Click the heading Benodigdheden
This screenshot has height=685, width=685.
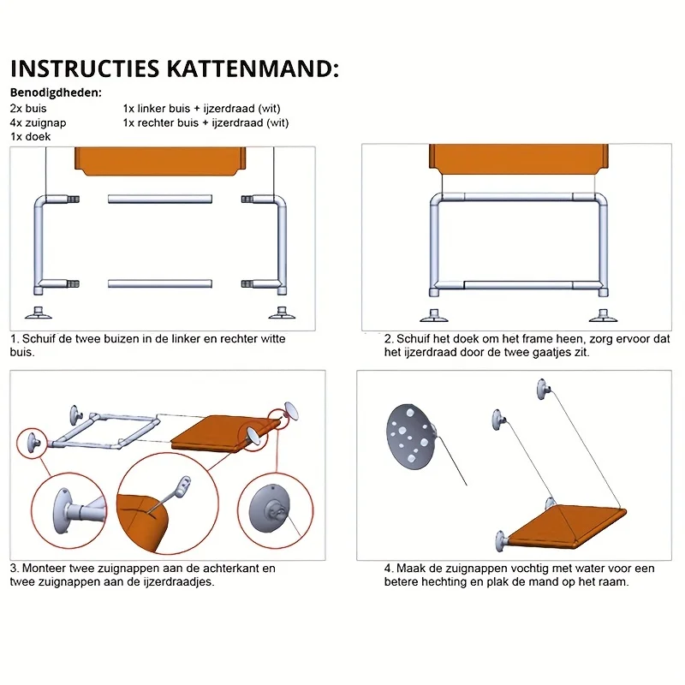click(x=56, y=92)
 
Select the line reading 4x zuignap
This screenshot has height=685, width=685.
click(x=39, y=122)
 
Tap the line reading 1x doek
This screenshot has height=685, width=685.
click(x=31, y=136)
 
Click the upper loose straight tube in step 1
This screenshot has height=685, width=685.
click(x=160, y=199)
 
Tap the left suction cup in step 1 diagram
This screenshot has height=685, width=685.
click(x=39, y=312)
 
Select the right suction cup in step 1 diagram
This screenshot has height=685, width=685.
click(x=278, y=312)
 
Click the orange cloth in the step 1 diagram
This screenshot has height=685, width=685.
click(x=160, y=159)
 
